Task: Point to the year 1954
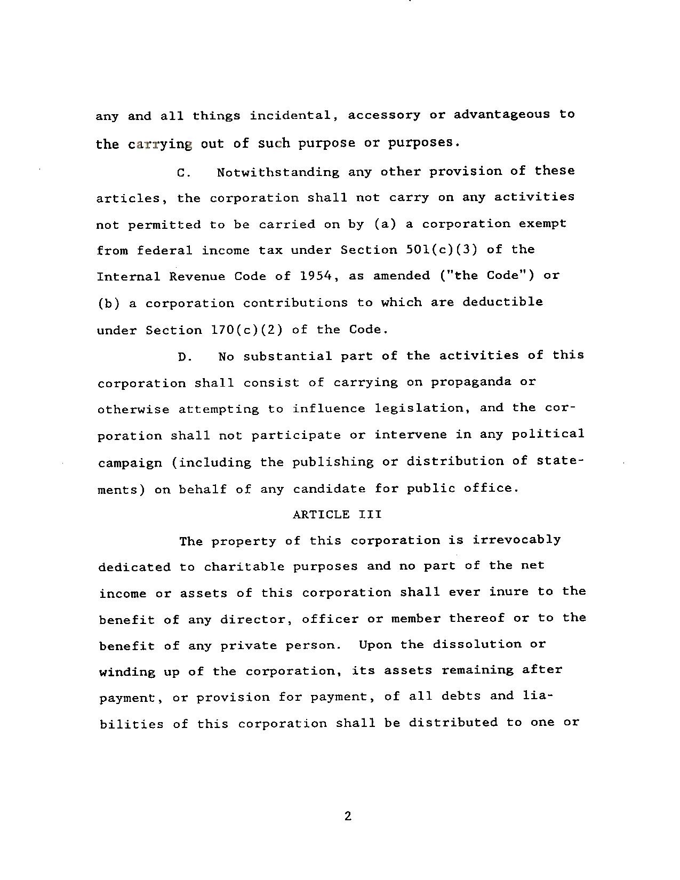point(317,276)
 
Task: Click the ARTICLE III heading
point(337,514)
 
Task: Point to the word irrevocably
point(516,540)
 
